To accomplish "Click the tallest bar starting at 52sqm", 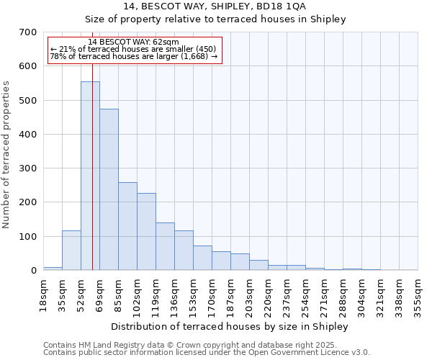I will click(x=90, y=176).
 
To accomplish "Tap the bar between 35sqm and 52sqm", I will click(x=71, y=250).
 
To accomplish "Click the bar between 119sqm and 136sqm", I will click(x=165, y=246).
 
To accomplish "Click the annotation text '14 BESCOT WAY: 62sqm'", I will click(x=133, y=42).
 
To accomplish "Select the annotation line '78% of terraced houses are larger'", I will click(x=133, y=56).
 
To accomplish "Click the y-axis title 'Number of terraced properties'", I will click(x=6, y=155).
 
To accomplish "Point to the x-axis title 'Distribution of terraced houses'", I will click(x=230, y=326).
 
